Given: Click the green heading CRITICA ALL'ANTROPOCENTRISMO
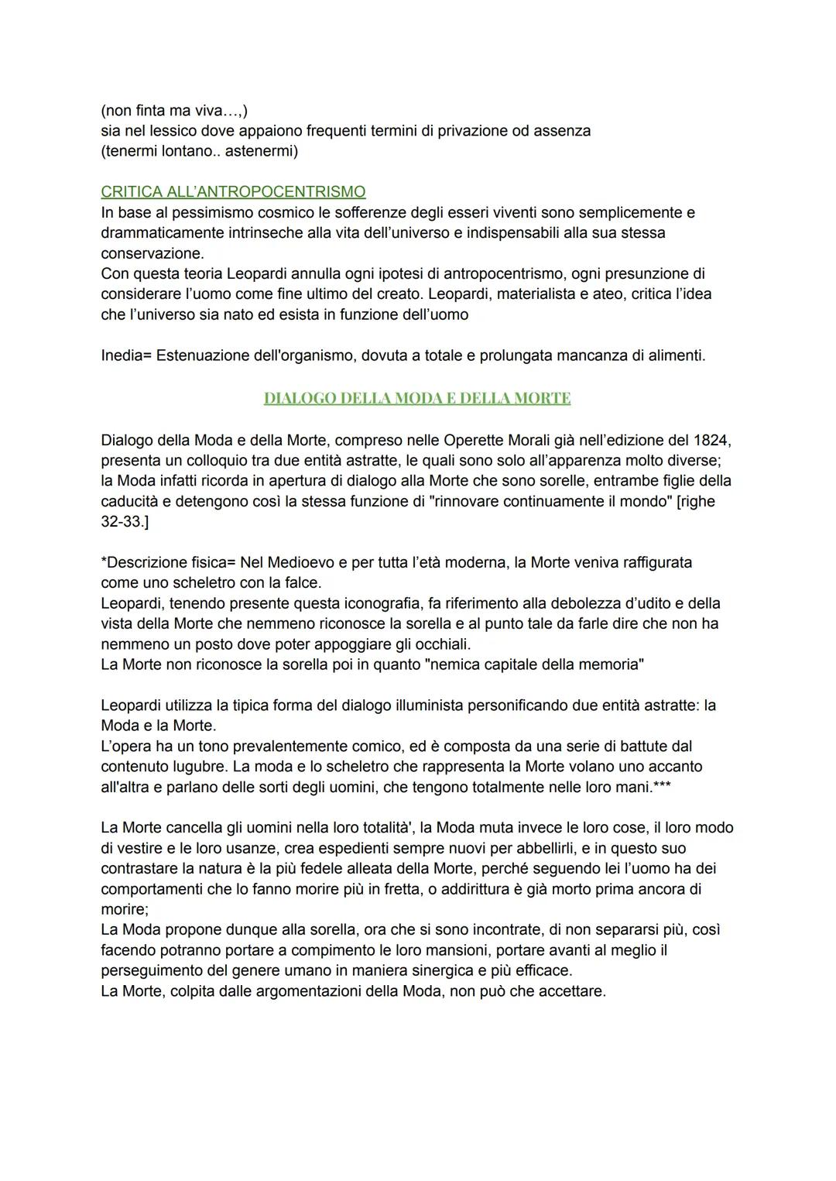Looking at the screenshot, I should click(233, 191).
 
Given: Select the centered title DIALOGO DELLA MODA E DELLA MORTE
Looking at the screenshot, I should click(417, 398).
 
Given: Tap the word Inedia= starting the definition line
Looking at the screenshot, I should click(125, 355).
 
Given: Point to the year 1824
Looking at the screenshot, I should click(712, 440).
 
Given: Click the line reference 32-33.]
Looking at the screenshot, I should click(125, 521).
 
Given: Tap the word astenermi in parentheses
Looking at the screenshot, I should click(261, 151).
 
